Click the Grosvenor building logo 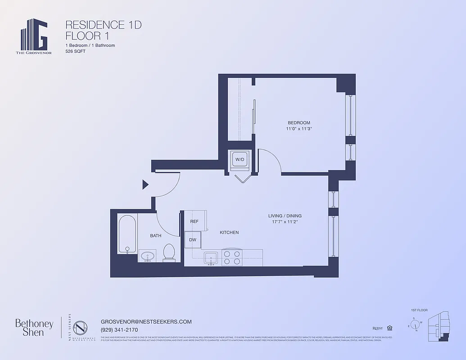point(34,35)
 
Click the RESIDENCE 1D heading point(104,25)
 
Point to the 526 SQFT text point(76,51)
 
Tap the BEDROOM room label point(299,123)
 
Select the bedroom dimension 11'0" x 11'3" point(299,129)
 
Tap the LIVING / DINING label point(285,216)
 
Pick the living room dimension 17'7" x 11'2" point(285,222)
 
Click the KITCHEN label point(229,233)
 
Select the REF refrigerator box point(195,221)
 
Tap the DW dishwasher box point(193,240)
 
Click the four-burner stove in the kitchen point(232,257)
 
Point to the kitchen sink point(211,258)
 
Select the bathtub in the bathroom point(127,234)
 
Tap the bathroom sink point(147,256)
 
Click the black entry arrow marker point(145,184)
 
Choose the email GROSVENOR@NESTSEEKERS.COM point(146,322)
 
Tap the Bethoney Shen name point(34,328)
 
